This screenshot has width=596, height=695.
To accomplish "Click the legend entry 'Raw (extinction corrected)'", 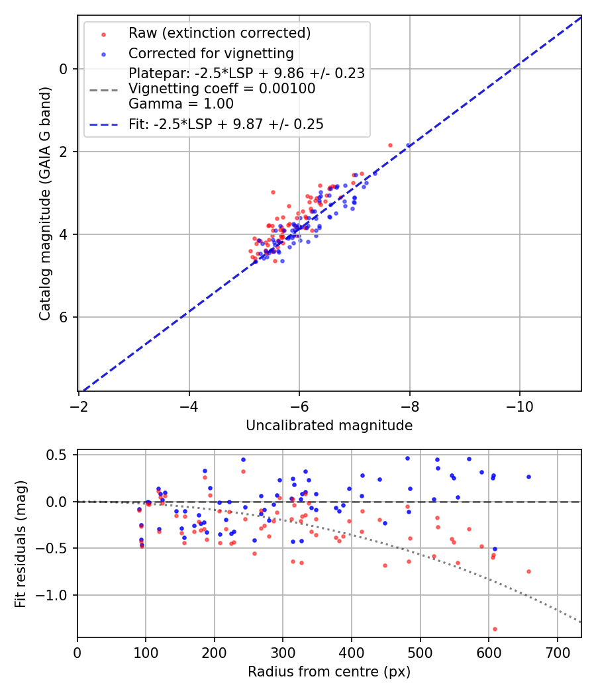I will click(x=219, y=33).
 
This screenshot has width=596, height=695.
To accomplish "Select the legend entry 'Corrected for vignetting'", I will click(x=211, y=53).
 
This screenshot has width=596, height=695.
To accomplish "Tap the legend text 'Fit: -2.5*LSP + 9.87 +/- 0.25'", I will click(x=226, y=124).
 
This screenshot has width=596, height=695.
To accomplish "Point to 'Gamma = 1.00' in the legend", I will click(x=181, y=103).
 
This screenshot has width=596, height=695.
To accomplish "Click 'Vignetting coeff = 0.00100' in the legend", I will click(x=222, y=89).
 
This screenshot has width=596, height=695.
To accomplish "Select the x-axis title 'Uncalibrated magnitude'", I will click(x=329, y=426).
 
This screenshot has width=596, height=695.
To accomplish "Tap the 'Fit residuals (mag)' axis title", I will click(x=21, y=543).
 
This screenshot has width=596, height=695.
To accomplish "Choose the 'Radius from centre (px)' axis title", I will click(x=329, y=672).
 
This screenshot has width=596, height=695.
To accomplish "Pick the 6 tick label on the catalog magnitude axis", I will click(x=64, y=317).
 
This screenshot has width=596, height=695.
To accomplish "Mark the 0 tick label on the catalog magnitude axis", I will click(x=64, y=69).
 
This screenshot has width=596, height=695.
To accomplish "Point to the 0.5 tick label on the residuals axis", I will click(x=58, y=455).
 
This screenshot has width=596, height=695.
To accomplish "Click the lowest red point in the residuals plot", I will click(x=495, y=629).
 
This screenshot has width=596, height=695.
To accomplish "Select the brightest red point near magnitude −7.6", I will click(x=390, y=145).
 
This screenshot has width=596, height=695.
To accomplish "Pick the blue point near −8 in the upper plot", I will click(x=409, y=146).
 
